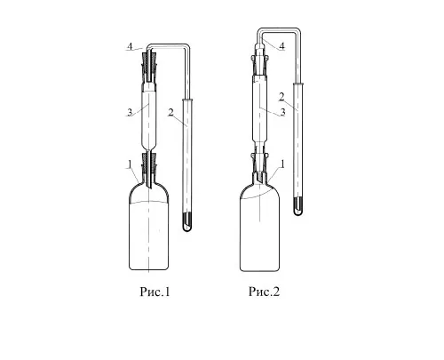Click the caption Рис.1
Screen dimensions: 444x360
(x=155, y=292)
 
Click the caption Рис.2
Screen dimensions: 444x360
(x=264, y=292)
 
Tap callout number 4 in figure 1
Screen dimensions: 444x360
(x=130, y=46)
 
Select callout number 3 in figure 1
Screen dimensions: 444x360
(x=130, y=112)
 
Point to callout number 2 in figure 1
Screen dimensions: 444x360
(x=170, y=113)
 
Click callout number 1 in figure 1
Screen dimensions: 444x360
(x=130, y=164)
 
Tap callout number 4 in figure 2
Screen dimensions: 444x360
(x=281, y=46)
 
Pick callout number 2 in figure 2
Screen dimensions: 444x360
(x=281, y=97)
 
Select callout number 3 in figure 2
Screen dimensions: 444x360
(x=282, y=112)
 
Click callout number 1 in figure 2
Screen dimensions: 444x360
(x=282, y=164)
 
